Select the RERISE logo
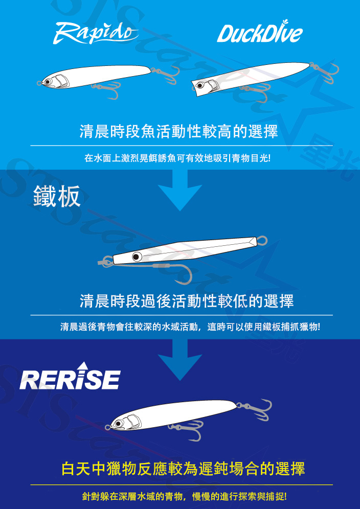[70, 376]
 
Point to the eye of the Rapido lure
[48, 81]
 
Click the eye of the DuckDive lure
[199, 85]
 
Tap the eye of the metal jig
[136, 257]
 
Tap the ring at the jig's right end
[262, 241]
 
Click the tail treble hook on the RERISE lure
[255, 409]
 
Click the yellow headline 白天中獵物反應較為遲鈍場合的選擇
[183, 469]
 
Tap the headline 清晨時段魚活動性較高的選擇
[179, 131]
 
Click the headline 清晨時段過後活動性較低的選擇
[187, 301]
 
